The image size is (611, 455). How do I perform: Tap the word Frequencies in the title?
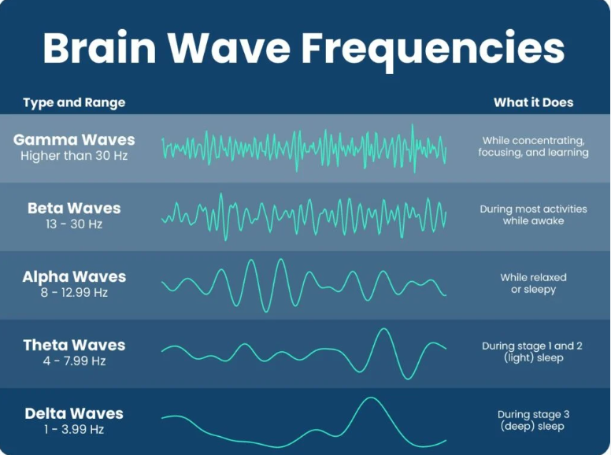(434, 49)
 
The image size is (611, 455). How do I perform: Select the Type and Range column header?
(74, 102)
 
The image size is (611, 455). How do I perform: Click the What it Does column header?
(533, 102)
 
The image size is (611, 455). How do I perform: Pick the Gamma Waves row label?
(74, 140)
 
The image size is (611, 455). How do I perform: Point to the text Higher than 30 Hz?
(74, 156)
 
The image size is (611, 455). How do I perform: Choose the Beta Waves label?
(74, 209)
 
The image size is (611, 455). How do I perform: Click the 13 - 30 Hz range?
(74, 224)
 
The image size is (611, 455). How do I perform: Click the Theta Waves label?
(74, 346)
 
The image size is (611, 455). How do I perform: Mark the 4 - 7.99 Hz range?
(74, 361)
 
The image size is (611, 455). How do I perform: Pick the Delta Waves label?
(74, 414)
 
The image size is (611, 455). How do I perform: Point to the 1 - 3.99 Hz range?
(74, 430)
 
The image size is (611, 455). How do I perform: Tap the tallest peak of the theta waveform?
(383, 330)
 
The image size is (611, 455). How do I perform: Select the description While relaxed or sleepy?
(533, 283)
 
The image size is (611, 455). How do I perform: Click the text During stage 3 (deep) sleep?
(533, 420)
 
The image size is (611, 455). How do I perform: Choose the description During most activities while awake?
(533, 215)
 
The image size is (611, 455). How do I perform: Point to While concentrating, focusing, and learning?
(533, 146)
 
